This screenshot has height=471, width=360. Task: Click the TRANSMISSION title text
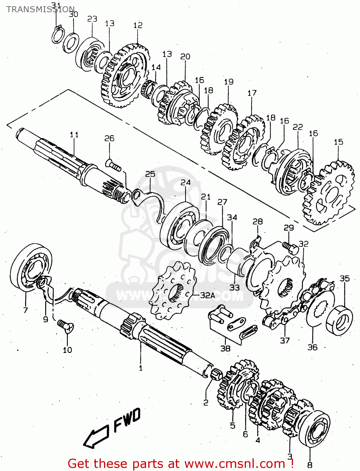[40, 9]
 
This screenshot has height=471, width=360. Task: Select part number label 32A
[207, 295]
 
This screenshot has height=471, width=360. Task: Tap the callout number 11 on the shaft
[74, 134]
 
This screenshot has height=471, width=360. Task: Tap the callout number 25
[150, 174]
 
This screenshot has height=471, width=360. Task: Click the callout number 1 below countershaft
[141, 368]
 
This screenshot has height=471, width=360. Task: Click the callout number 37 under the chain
[285, 340]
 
